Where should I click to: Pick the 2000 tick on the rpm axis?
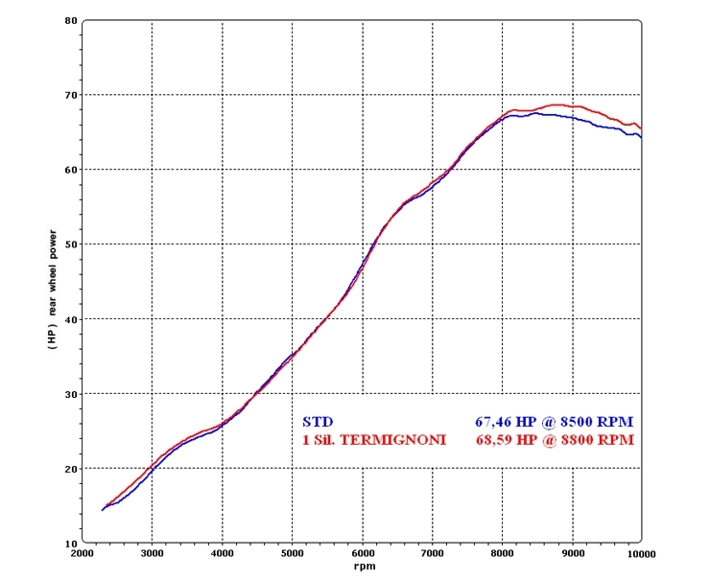coord(83,554)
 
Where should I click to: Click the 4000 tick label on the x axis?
coord(223,554)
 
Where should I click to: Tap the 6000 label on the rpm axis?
coord(363,554)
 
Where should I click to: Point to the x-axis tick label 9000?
coord(573,554)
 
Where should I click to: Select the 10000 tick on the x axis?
coord(640,554)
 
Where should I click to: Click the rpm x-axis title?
coord(362,567)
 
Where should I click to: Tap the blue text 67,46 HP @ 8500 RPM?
coord(554,421)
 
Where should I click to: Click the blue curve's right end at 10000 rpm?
coord(640,136)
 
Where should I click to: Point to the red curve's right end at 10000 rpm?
coord(640,128)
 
